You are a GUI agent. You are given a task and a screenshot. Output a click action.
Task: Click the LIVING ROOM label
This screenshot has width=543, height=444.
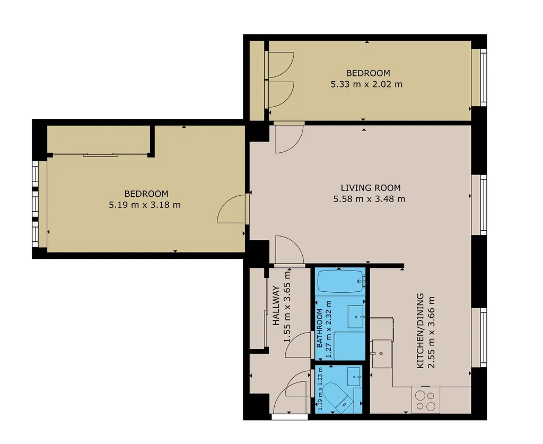click(371, 188)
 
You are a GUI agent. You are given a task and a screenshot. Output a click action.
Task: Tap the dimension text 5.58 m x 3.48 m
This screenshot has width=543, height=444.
click(369, 199)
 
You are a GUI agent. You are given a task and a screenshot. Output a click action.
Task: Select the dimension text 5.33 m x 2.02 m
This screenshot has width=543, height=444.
click(367, 84)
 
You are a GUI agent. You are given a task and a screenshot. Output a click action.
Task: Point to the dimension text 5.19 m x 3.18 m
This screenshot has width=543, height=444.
click(145, 205)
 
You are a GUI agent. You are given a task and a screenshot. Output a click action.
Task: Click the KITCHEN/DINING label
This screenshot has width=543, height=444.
click(420, 331)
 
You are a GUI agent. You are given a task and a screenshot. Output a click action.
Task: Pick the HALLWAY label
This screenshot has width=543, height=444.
click(276, 306)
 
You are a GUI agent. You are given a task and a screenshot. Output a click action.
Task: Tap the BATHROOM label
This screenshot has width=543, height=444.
click(319, 328)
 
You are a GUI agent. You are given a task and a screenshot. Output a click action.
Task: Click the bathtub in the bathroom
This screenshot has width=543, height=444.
click(341, 281)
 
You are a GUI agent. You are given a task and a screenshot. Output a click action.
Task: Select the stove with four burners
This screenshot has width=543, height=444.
click(426, 400)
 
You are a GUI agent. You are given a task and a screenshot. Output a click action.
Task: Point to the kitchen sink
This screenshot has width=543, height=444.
click(382, 354)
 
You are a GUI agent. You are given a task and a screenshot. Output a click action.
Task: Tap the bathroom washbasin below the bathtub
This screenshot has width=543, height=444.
click(355, 317)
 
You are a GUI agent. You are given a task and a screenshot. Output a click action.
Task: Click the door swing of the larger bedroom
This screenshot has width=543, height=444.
click(231, 209)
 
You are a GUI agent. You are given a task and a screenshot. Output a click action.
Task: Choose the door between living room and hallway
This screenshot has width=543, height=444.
click(290, 250)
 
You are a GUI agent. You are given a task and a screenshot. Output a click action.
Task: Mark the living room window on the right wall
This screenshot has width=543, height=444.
click(479, 205)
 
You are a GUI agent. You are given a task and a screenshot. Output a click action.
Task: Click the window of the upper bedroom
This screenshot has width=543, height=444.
click(479, 77)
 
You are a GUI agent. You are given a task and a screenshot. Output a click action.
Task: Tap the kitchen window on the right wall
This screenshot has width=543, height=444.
click(479, 338)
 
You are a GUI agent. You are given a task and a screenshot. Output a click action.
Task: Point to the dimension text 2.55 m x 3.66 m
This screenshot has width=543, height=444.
click(431, 332)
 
